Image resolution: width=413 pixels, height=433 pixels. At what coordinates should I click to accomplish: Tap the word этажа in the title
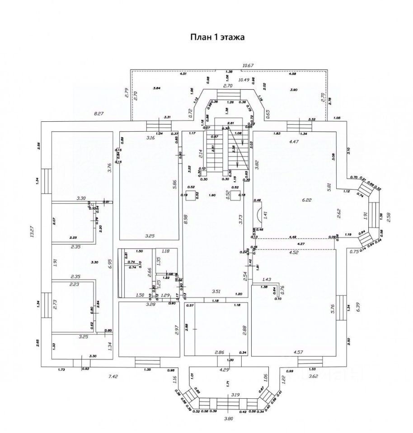(x=232, y=38)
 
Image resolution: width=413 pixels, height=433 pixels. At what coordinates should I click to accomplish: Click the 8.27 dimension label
(x=99, y=114)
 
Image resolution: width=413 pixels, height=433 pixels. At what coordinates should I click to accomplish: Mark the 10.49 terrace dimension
(x=244, y=80)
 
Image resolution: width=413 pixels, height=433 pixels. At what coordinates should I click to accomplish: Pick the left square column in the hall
(x=192, y=195)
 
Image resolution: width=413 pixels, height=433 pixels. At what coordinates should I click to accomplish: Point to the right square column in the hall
(x=235, y=195)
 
